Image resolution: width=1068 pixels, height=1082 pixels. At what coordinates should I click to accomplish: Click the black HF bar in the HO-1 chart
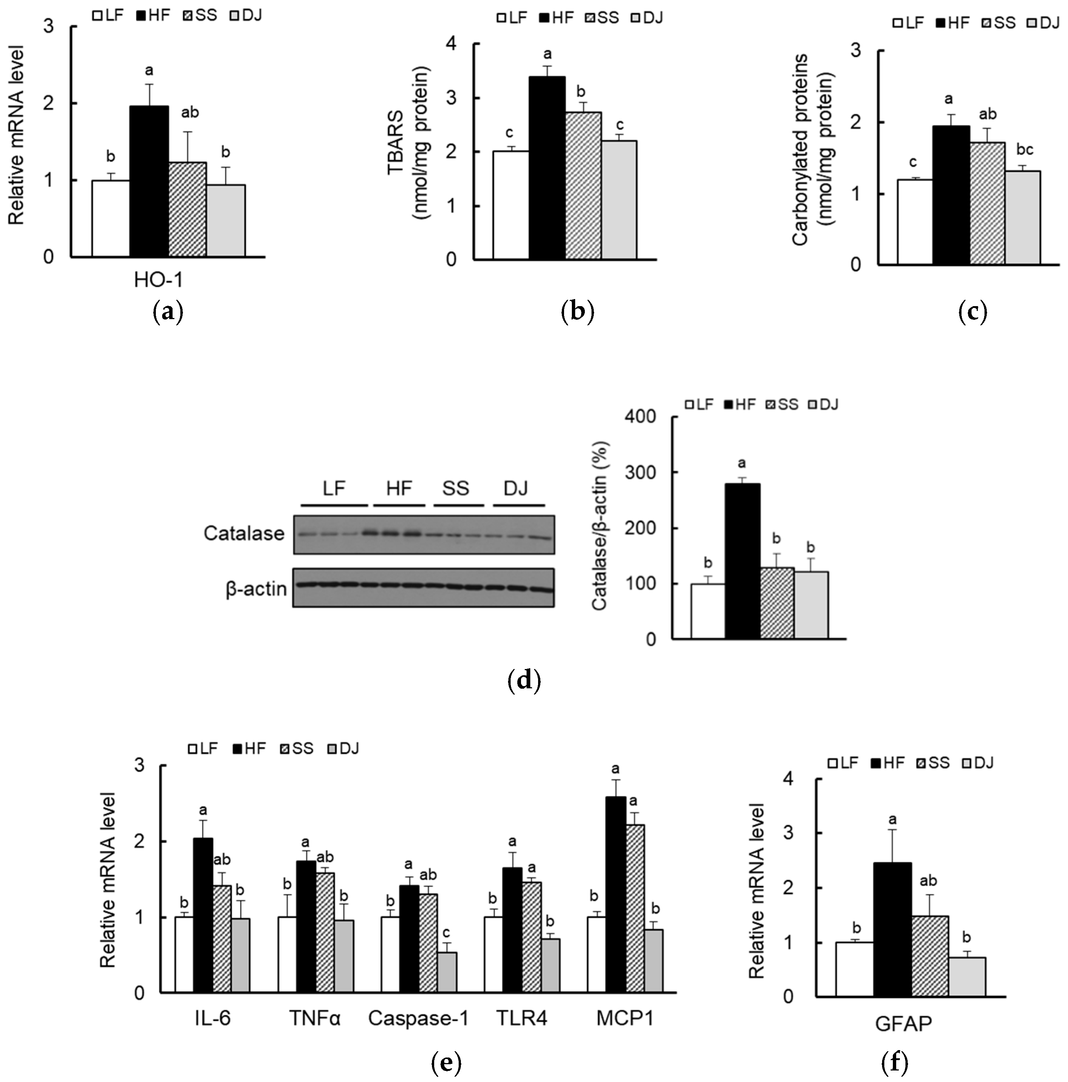pos(149,182)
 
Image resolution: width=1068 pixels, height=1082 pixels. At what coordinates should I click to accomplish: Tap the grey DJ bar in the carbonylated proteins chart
pos(1023,217)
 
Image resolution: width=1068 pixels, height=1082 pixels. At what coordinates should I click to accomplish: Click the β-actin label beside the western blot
pos(256,588)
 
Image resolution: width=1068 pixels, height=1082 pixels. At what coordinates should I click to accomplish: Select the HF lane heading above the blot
pos(399,488)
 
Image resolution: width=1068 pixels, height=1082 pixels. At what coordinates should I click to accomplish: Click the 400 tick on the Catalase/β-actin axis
pos(643,417)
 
